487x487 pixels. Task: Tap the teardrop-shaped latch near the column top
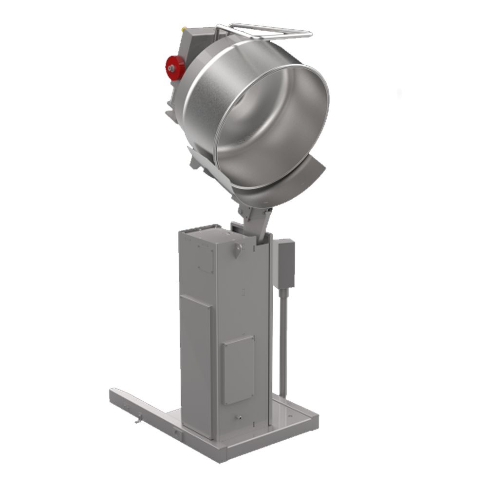(237, 251)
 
